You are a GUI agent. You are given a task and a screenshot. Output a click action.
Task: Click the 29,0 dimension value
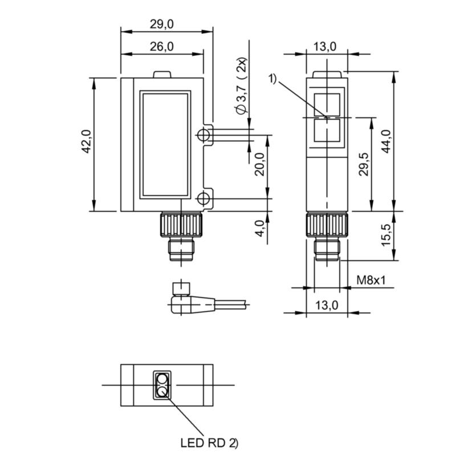tap(161, 23)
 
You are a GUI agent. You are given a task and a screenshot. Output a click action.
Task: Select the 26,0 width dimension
tap(161, 47)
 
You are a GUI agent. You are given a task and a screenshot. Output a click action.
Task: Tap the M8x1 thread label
tap(371, 280)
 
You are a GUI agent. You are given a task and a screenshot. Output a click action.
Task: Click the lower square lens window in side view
tap(327, 131)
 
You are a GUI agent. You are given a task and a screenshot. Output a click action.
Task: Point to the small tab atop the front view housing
tap(162, 74)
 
